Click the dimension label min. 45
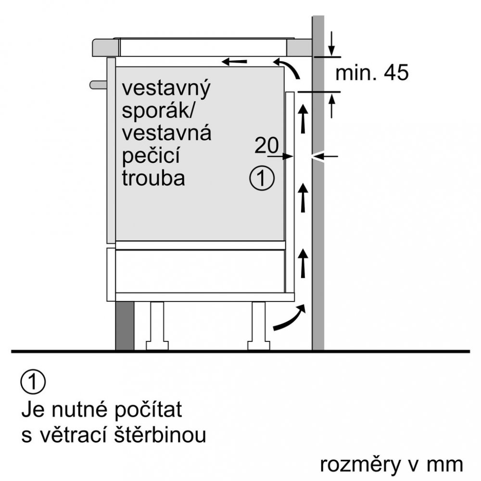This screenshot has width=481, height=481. pyautogui.click(x=371, y=73)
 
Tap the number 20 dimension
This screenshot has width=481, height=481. pyautogui.click(x=266, y=145)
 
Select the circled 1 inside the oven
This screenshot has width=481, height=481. pyautogui.click(x=262, y=178)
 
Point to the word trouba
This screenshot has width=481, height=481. pyautogui.click(x=153, y=178)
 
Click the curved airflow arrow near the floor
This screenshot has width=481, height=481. pyautogui.click(x=290, y=318)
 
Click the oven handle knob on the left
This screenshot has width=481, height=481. pyautogui.click(x=98, y=85)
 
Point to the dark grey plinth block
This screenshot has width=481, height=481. pyautogui.click(x=125, y=326)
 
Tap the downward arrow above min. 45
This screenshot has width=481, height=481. pyautogui.click(x=331, y=44)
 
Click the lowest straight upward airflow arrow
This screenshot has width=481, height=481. pyautogui.click(x=303, y=263)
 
